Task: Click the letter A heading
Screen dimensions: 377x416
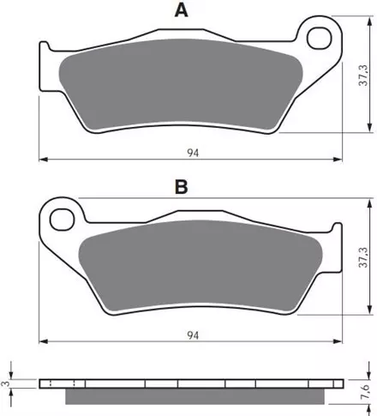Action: pyautogui.click(x=182, y=10)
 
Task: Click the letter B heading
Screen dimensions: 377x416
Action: pyautogui.click(x=182, y=187)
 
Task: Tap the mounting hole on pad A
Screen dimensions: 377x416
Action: pyautogui.click(x=320, y=38)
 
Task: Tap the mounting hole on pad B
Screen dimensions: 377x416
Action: pyautogui.click(x=62, y=220)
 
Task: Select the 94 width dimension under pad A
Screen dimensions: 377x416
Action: pyautogui.click(x=193, y=153)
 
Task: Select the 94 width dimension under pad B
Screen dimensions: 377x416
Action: pyautogui.click(x=193, y=335)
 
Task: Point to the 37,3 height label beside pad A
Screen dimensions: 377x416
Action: pyautogui.click(x=364, y=75)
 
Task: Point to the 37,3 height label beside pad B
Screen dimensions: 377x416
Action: pyautogui.click(x=364, y=257)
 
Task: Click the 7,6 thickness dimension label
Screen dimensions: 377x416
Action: pyautogui.click(x=365, y=392)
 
